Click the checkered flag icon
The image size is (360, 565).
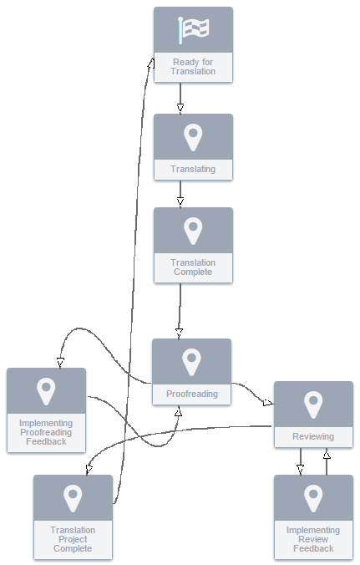coord(193,30)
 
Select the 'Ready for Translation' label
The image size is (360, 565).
coord(193,67)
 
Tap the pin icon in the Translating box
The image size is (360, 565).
coord(193,137)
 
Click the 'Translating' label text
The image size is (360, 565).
coord(193,169)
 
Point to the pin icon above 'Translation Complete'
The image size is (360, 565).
coord(193,231)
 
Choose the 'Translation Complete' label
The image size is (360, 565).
coord(193,267)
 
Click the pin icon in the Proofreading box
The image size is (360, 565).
coord(191,362)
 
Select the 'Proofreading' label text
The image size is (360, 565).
coord(192,394)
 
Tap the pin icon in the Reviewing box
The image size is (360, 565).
coord(313,405)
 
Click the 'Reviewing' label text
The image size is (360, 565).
coord(313,436)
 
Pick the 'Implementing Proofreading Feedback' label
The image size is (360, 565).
coord(46,432)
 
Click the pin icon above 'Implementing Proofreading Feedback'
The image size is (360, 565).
coord(46,391)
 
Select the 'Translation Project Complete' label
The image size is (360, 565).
coord(73,539)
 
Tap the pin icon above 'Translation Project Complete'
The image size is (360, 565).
coord(73,498)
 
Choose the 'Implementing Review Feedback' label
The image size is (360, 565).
coord(313,539)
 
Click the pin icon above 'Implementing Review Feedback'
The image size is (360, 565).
coord(313,498)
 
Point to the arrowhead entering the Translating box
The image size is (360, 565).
coord(180,107)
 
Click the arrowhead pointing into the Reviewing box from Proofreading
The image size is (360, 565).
coord(268,403)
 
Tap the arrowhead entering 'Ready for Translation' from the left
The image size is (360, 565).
coord(151,64)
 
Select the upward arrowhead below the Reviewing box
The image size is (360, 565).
coord(327,454)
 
